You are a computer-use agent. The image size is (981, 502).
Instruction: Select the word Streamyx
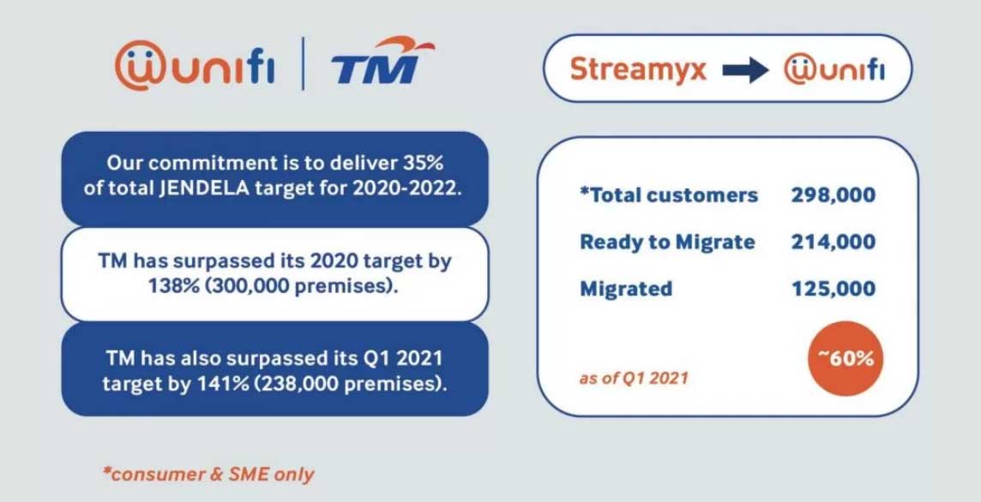point(638,69)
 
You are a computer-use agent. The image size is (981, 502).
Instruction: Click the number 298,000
point(833,195)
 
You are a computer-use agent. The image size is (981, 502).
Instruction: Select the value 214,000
point(833,242)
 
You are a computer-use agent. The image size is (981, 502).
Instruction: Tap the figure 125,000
point(833,288)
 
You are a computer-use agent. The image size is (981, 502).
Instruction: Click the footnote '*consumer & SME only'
point(208,473)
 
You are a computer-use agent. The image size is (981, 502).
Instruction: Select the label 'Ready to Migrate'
point(667,242)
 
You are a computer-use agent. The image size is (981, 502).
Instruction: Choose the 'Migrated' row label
point(625,289)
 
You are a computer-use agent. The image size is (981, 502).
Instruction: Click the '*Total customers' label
point(669,195)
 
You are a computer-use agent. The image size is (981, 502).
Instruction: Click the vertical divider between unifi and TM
point(303,64)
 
